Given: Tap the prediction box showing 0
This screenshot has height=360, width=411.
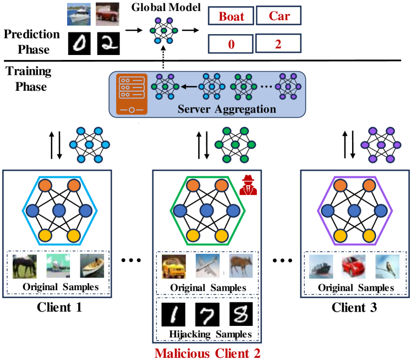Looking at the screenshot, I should pos(231,42).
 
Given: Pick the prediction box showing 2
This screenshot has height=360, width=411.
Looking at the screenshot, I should pos(279,42).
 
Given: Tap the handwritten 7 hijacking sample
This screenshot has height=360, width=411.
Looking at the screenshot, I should pos(206,313).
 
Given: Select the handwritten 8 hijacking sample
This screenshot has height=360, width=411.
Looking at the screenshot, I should pos(240,313).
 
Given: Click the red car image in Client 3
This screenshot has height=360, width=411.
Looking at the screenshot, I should pos(354,267).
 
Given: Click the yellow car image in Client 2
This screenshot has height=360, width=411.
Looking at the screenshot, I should pos(173,266).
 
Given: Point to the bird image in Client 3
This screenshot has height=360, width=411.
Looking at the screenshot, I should pos(387,267).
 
